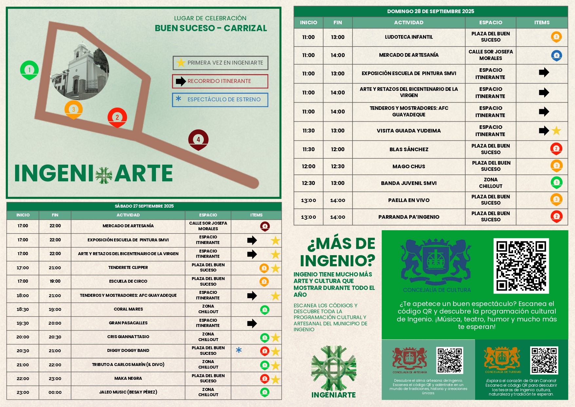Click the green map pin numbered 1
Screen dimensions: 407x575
coord(29,70)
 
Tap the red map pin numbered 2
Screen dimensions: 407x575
coord(117,117)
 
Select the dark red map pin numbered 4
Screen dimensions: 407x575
coord(198,139)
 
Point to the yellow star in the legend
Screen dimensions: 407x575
coord(181,63)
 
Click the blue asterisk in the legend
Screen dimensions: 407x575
coord(179,98)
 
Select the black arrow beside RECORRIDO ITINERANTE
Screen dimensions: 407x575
coord(181,81)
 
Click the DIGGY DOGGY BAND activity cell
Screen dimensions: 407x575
coord(128,351)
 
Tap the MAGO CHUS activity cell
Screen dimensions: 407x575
coord(409,167)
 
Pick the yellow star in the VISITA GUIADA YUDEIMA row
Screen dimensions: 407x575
coord(556,131)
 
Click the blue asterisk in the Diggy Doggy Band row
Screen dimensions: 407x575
coord(239,350)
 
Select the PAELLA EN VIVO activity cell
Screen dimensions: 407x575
coord(409,200)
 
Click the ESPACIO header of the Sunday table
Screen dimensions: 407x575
coord(490,23)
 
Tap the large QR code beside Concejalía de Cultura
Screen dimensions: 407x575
coord(521,266)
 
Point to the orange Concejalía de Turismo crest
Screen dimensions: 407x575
coord(502,358)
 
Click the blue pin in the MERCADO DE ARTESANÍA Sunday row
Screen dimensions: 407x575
coord(556,55)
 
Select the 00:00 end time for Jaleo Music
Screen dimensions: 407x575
coord(55,392)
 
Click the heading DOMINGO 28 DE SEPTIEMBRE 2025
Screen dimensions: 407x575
coord(431,11)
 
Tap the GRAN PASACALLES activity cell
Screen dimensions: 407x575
coord(128,323)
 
